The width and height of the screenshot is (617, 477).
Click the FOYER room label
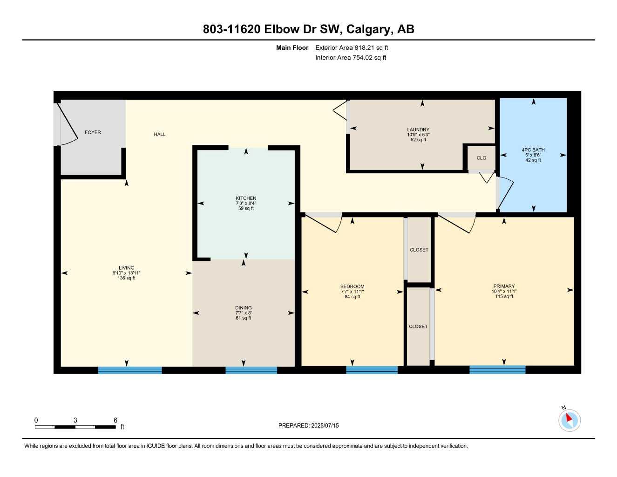pos(93,132)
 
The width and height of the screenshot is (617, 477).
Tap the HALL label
pos(160,135)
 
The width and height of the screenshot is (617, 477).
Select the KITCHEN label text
pos(246,198)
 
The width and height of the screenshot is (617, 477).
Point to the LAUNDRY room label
pos(418,130)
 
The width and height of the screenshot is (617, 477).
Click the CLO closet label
pos(481,158)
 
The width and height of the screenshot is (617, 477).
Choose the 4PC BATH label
pos(533,150)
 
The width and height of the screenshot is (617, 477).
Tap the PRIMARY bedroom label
pos(504,286)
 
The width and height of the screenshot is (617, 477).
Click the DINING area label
pos(243,308)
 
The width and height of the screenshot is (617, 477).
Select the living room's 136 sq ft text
pos(127,278)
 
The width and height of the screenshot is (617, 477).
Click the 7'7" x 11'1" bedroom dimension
pos(353,292)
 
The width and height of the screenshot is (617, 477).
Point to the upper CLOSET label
pos(419,250)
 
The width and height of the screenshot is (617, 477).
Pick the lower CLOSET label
pos(418,327)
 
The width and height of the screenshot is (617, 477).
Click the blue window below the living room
pos(130,370)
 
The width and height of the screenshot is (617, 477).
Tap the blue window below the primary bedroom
pos(497,370)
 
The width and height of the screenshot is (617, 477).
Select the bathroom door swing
pos(505,193)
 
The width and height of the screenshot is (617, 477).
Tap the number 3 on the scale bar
pos(75,420)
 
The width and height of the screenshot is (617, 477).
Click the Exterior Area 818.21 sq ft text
pos(352,48)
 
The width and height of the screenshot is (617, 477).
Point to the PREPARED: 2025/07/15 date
pos(308,425)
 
